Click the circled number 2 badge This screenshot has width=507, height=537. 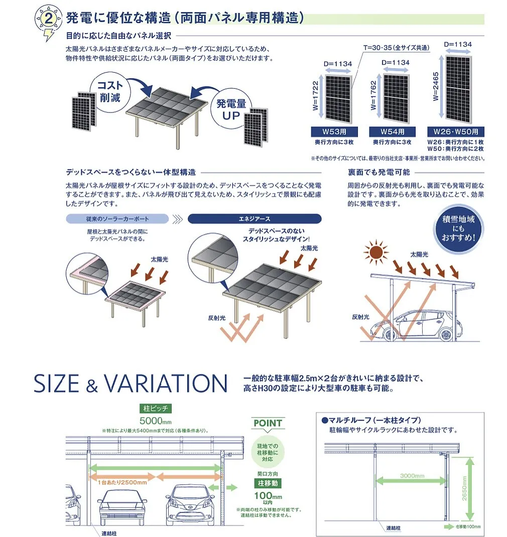48,20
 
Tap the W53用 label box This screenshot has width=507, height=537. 333,132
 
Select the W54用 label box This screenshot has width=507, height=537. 392,132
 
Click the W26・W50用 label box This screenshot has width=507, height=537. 456,132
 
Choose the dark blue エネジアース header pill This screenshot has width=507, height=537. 254,219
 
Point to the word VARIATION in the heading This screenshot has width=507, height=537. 166,384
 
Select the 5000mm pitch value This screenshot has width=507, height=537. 156,420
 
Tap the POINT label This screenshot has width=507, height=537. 268,423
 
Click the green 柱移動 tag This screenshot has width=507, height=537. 267,483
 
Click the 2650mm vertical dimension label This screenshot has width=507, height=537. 464,489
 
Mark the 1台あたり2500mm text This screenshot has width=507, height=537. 122,482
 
